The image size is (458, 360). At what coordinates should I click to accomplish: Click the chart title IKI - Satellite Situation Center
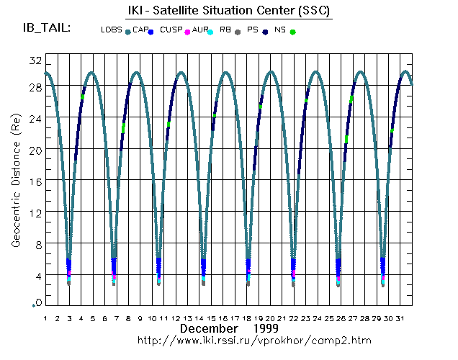coord(225,11)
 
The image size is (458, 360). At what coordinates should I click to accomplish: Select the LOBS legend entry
coord(112,30)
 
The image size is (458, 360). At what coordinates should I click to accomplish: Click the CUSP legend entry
coord(171,30)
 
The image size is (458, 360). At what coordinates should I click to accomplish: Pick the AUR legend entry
coord(199,30)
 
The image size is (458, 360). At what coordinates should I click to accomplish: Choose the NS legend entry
coord(280,30)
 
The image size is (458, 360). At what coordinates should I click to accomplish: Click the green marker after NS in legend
coord(292,32)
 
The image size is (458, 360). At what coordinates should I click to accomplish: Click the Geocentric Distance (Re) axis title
coord(15,184)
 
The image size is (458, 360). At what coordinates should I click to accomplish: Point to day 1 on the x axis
coord(45,318)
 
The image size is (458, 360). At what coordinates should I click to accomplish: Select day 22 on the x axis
coord(294,318)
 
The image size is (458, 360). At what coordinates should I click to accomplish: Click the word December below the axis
coord(207,328)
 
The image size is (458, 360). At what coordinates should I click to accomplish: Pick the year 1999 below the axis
coord(256,328)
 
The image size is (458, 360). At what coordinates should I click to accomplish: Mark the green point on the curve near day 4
coord(83,96)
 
